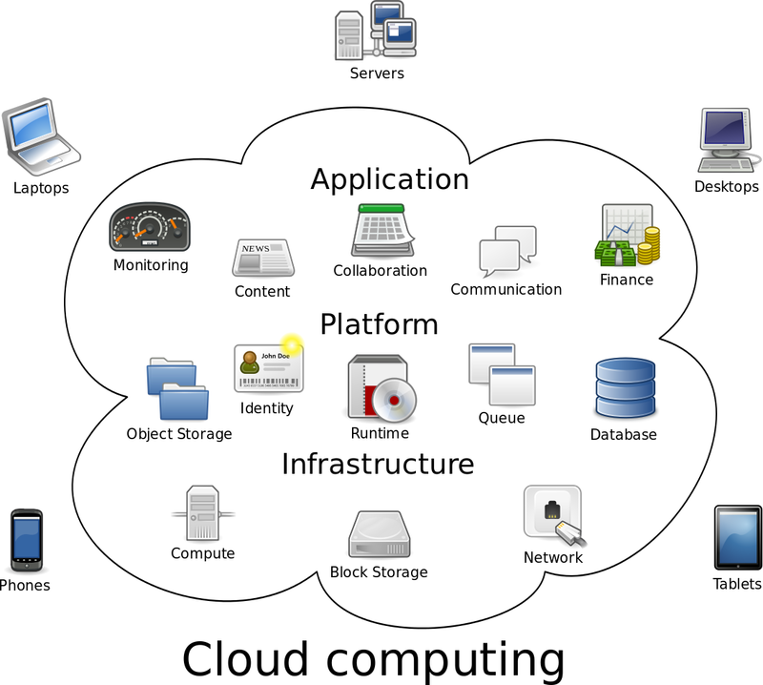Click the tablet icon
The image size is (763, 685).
click(x=736, y=538)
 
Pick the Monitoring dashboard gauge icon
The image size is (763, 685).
click(x=151, y=228)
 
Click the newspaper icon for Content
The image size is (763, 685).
click(x=262, y=258)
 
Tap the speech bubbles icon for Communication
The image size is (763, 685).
click(x=506, y=251)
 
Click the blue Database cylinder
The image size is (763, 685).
click(x=624, y=389)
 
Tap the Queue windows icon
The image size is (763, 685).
click(x=501, y=376)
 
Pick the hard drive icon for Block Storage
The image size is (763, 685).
click(x=379, y=535)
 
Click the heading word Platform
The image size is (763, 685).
click(x=379, y=323)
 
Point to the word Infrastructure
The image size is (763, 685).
click(x=378, y=464)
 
